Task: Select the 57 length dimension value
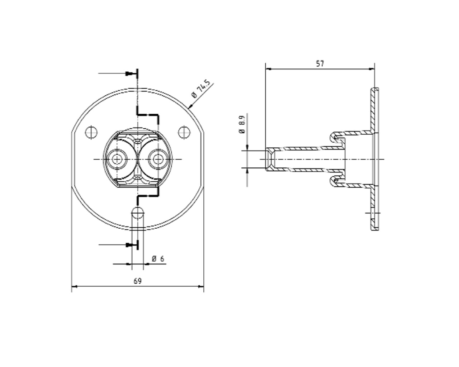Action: [320, 64]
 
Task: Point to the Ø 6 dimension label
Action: [158, 258]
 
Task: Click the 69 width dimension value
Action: [138, 281]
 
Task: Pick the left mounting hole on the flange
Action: [91, 132]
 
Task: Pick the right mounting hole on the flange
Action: [184, 132]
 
